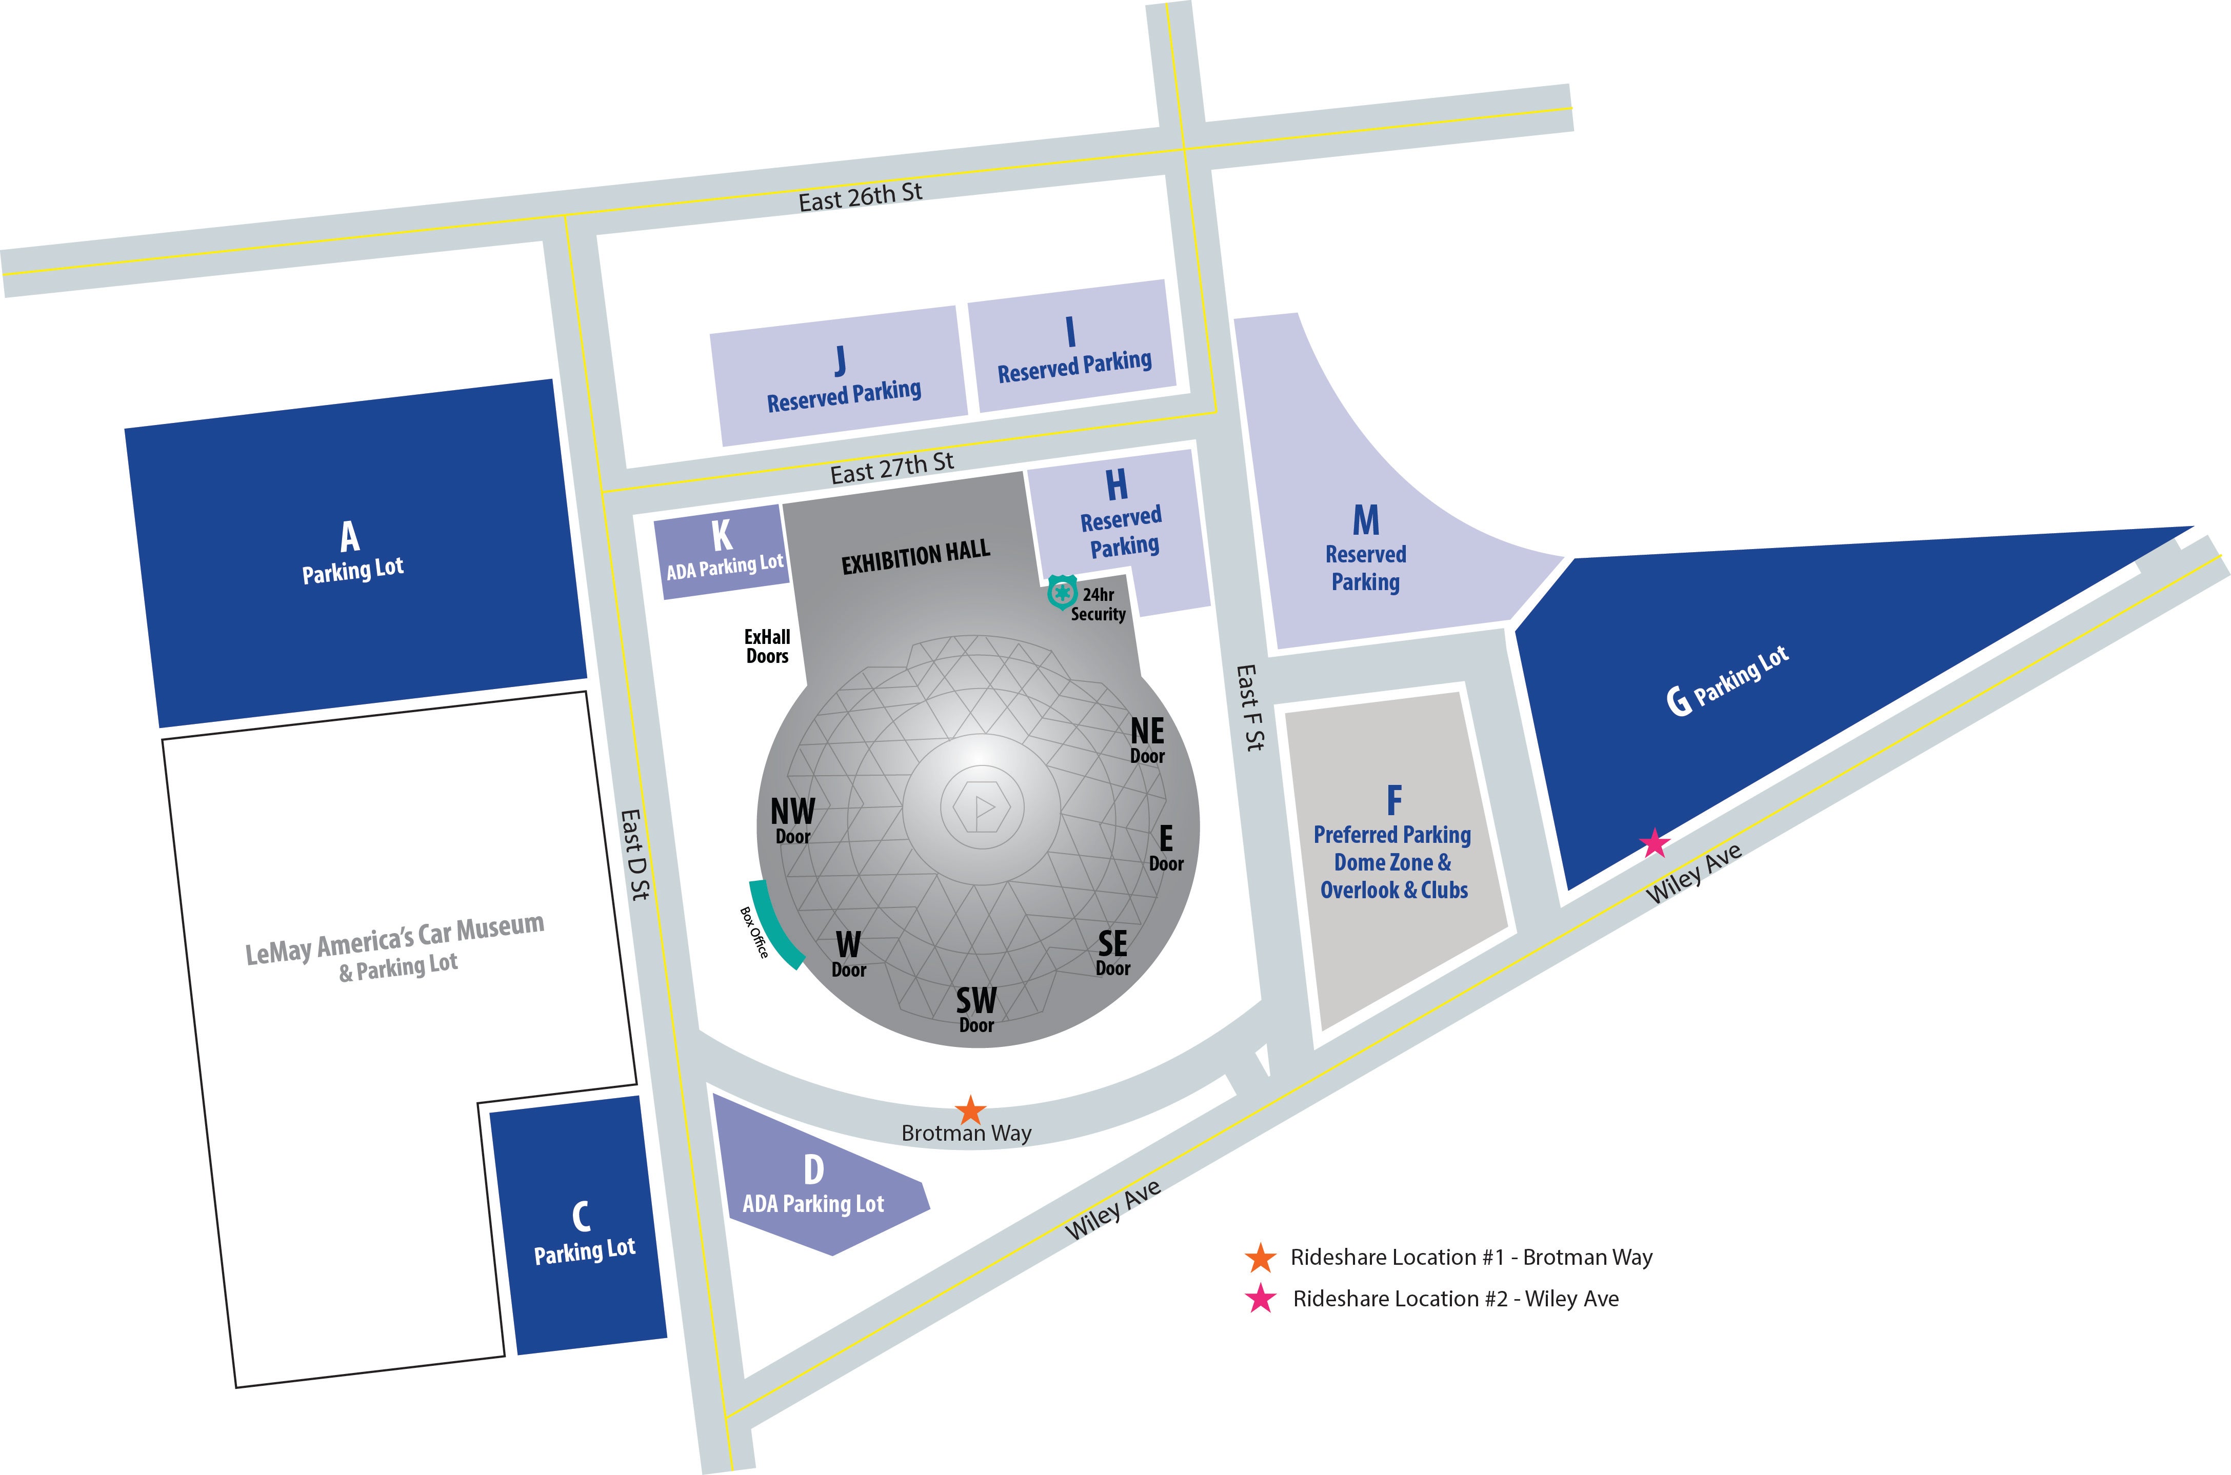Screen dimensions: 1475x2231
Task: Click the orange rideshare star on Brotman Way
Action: pyautogui.click(x=970, y=1110)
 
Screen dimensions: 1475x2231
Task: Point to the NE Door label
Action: pyautogui.click(x=1147, y=739)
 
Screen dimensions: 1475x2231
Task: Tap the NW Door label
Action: pyautogui.click(x=792, y=820)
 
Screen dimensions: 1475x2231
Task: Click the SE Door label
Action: pyautogui.click(x=1112, y=952)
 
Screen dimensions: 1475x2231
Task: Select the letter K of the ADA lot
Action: pyautogui.click(x=722, y=535)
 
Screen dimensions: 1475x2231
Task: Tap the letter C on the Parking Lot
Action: pyautogui.click(x=582, y=1216)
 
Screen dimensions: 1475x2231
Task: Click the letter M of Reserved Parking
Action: pyautogui.click(x=1365, y=520)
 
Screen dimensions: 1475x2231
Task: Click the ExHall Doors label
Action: pyautogui.click(x=767, y=646)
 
